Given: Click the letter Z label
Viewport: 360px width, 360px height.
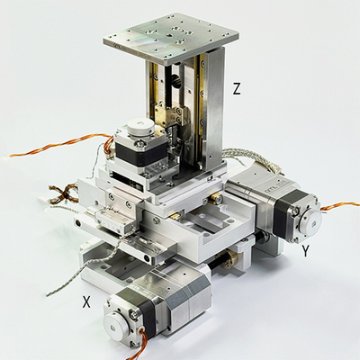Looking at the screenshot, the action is pyautogui.click(x=237, y=89).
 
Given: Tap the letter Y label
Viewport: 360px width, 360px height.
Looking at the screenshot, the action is pyautogui.click(x=306, y=251).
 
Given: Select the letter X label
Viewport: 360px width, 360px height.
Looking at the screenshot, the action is pyautogui.click(x=86, y=301).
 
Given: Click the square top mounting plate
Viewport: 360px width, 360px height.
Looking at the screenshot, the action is pyautogui.click(x=171, y=37).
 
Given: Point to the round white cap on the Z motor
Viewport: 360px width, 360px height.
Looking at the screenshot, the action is pyautogui.click(x=139, y=128).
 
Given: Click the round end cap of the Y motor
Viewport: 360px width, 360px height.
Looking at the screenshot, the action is pyautogui.click(x=311, y=221).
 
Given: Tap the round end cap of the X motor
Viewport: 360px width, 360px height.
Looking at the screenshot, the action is pyautogui.click(x=116, y=325).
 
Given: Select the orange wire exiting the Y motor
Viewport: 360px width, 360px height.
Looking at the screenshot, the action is pyautogui.click(x=340, y=206).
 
